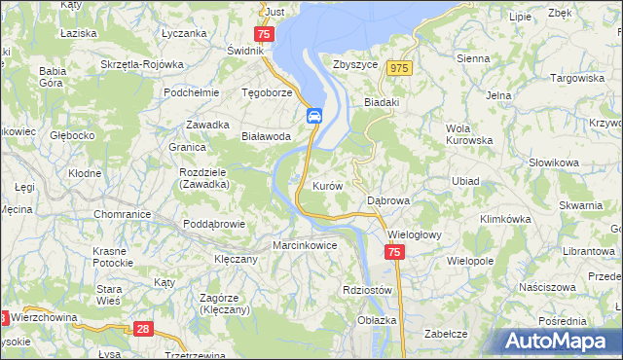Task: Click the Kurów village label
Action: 326,185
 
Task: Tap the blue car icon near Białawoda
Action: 314,117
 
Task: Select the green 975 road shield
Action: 397,68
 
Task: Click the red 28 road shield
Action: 144,330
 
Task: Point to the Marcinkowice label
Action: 305,245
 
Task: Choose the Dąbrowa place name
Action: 388,199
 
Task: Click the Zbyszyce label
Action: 354,63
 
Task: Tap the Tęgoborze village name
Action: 267,93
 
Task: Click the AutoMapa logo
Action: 559,340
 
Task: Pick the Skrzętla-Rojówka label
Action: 142,64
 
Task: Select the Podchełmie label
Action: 189,92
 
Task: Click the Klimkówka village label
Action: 504,219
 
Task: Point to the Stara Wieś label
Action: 108,296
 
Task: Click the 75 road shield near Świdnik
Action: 267,35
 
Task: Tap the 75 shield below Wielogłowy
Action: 393,252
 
